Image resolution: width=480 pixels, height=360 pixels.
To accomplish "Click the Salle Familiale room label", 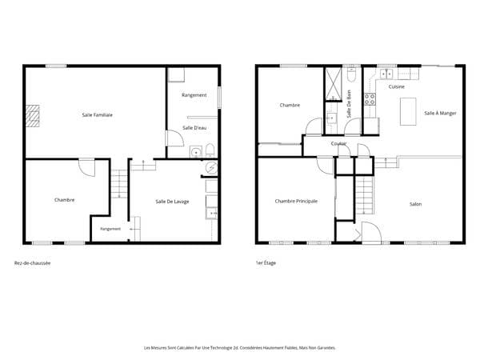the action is click(x=98, y=114).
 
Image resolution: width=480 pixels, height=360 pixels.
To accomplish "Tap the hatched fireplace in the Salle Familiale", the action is click(x=32, y=116).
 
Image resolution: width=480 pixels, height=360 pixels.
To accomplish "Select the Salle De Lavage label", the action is click(x=172, y=202).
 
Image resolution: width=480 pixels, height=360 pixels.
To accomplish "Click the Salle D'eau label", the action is click(x=194, y=128).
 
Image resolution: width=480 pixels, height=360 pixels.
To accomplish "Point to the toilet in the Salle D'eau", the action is click(x=210, y=150).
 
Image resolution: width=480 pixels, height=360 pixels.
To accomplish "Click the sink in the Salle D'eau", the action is click(x=196, y=151).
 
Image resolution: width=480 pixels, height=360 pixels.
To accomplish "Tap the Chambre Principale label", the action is click(x=296, y=201).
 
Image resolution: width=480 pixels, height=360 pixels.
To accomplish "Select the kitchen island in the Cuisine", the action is click(x=408, y=111).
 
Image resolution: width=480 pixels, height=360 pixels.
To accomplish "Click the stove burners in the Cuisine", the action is click(x=370, y=99).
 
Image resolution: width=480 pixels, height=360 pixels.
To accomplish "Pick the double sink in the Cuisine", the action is click(x=386, y=74).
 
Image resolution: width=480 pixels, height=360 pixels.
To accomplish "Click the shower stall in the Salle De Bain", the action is click(x=333, y=84).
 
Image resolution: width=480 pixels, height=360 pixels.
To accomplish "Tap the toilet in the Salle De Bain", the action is click(x=351, y=74).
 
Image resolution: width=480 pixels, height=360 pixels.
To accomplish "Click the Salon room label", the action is click(x=416, y=204).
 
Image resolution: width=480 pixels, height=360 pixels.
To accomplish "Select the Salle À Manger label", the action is click(x=440, y=113).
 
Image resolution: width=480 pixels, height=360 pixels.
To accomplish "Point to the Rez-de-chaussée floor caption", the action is click(x=33, y=263).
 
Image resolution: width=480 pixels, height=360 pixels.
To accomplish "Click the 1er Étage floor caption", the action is click(x=266, y=262).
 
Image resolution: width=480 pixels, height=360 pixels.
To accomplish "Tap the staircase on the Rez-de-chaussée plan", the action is click(x=118, y=184).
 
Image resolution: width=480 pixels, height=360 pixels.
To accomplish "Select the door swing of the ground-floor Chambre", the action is click(x=87, y=168).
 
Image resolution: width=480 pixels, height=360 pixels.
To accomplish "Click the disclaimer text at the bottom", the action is click(x=240, y=348).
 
